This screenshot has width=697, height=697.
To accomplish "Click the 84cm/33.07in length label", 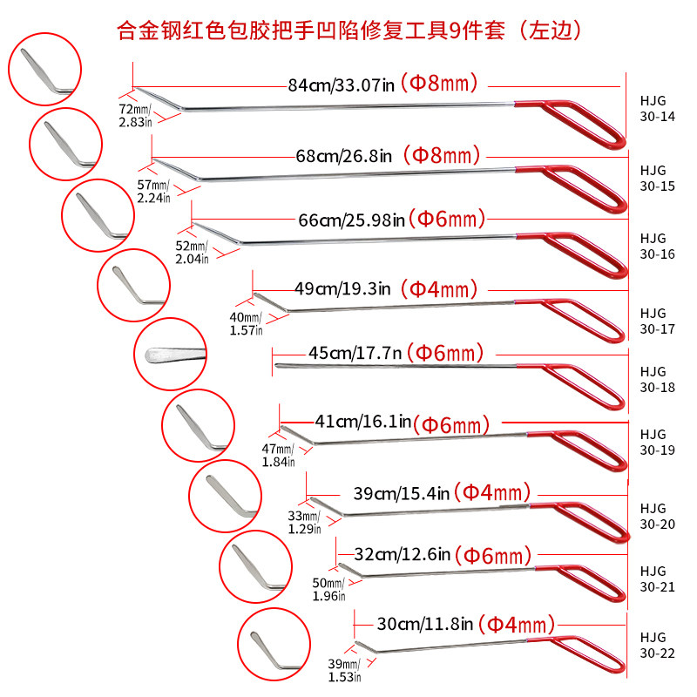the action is click(342, 85).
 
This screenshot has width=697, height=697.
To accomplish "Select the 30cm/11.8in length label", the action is click(424, 624).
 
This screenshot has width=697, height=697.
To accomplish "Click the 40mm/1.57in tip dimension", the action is click(246, 323).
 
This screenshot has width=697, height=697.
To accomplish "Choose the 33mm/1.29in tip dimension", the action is click(305, 522).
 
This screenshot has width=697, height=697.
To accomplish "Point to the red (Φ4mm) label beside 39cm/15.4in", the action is click(492, 492).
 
